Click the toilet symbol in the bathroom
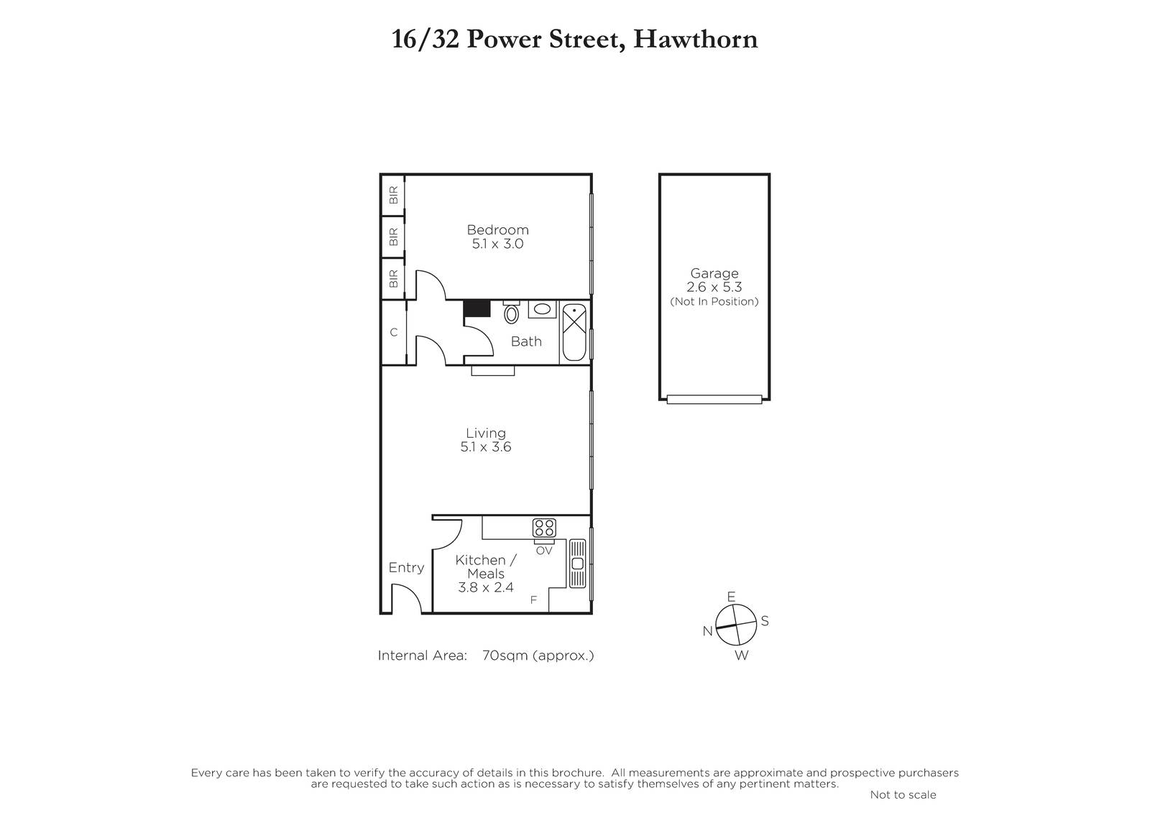pos(511,312)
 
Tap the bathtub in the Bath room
pos(574,332)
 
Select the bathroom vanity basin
pos(542,309)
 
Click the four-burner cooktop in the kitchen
pos(544,528)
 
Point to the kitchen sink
pos(577,564)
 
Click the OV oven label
pos(543,551)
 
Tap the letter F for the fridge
pos(533,600)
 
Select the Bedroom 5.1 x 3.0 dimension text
pos(497,244)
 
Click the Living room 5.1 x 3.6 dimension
pos(486,447)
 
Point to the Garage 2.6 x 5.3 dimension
pos(714,287)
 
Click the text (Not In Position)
pos(714,301)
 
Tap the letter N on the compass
pos(707,631)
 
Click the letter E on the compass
pos(731,596)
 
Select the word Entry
pos(406,567)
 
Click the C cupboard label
pos(394,332)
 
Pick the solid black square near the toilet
pos(477,308)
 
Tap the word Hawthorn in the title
pos(695,39)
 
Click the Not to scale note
pos(903,795)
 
